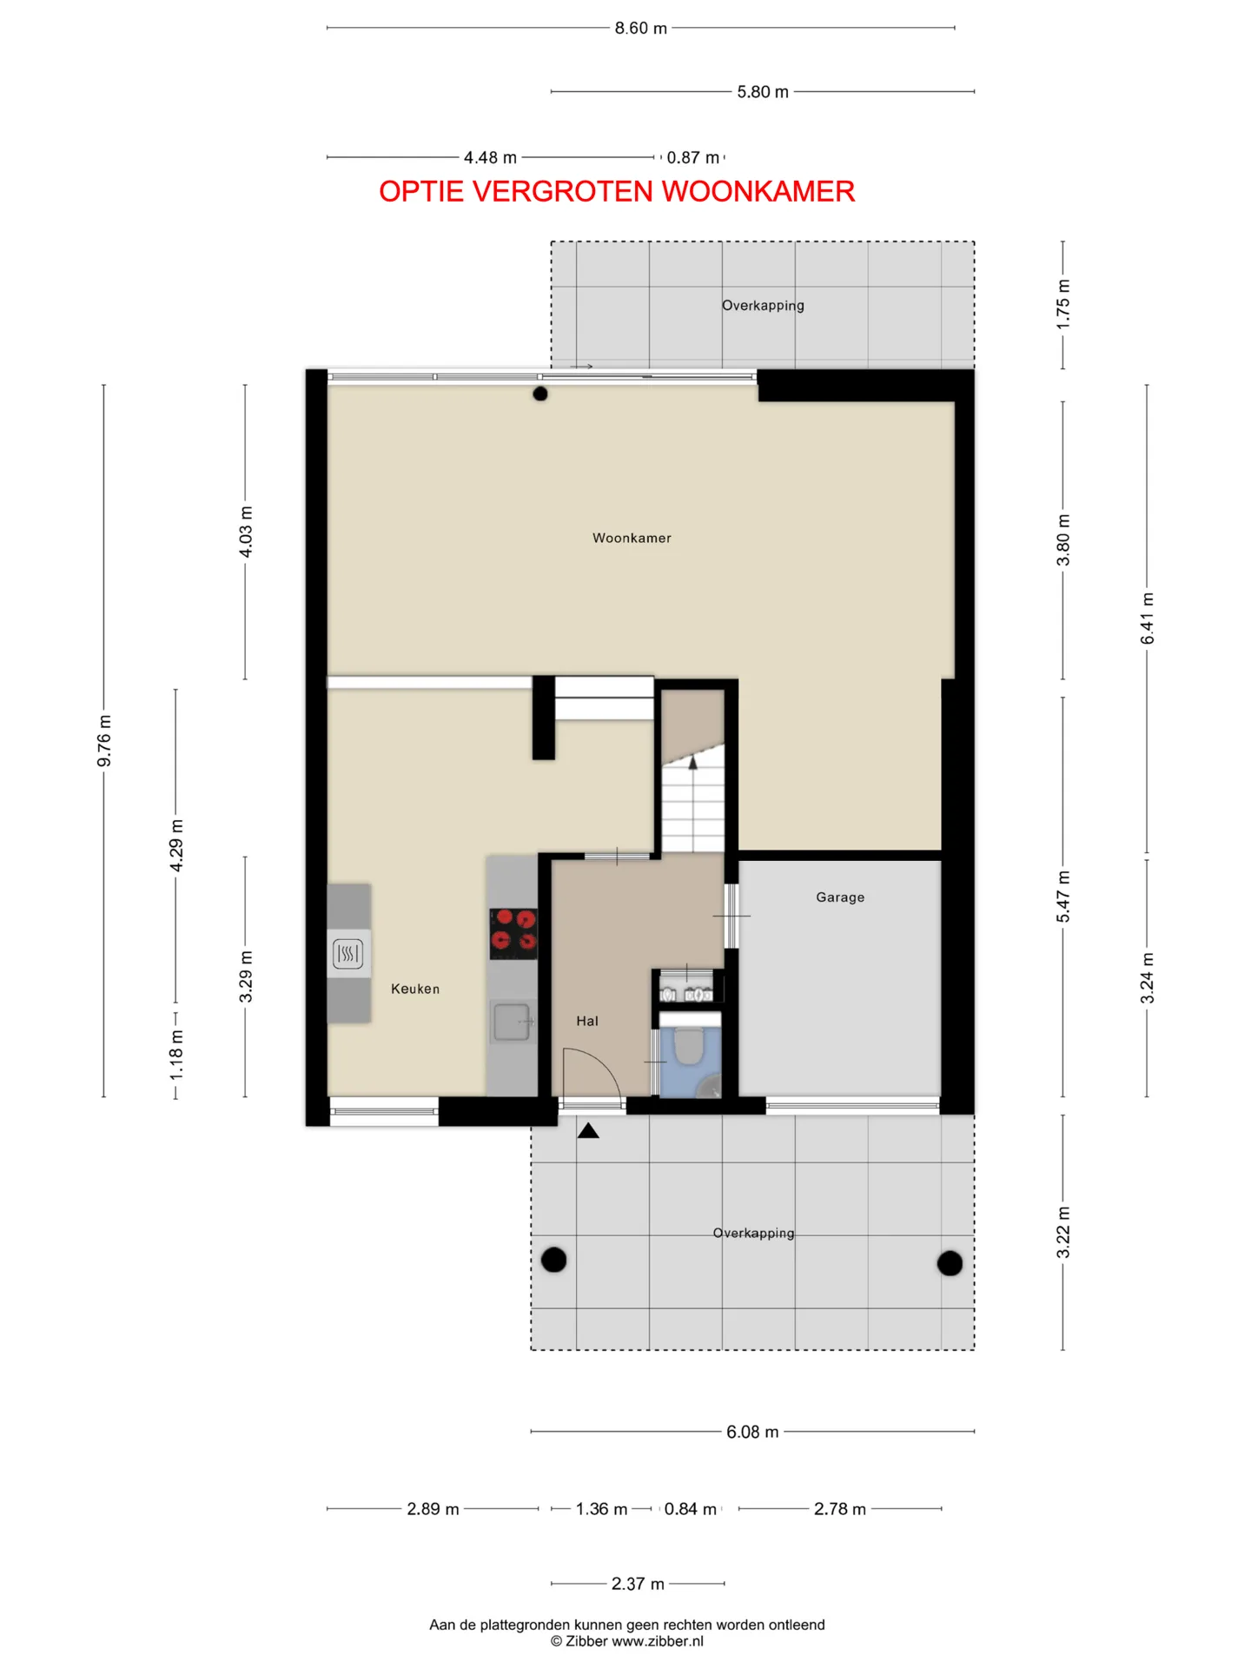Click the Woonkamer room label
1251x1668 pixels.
click(x=632, y=538)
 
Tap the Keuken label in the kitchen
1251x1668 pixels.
click(x=415, y=989)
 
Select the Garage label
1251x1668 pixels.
click(x=840, y=897)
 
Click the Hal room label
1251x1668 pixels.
click(x=587, y=1021)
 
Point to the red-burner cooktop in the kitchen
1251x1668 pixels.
click(x=513, y=934)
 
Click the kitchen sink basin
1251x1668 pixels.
click(x=513, y=1022)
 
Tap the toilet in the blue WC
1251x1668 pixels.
click(x=689, y=1046)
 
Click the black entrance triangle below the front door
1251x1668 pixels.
click(x=588, y=1130)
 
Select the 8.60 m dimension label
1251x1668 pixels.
click(x=641, y=28)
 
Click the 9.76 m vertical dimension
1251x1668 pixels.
click(x=104, y=741)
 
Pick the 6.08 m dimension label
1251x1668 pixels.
click(x=752, y=1432)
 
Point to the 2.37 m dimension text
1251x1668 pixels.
click(x=638, y=1584)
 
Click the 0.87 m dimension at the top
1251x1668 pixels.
click(x=693, y=157)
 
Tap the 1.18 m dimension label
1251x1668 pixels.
click(x=176, y=1056)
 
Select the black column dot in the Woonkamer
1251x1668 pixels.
click(x=540, y=394)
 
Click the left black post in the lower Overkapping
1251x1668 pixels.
click(x=553, y=1259)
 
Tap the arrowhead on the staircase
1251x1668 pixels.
click(x=693, y=763)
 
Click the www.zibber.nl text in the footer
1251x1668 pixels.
click(x=658, y=1641)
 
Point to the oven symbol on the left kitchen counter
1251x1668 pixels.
click(x=347, y=954)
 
